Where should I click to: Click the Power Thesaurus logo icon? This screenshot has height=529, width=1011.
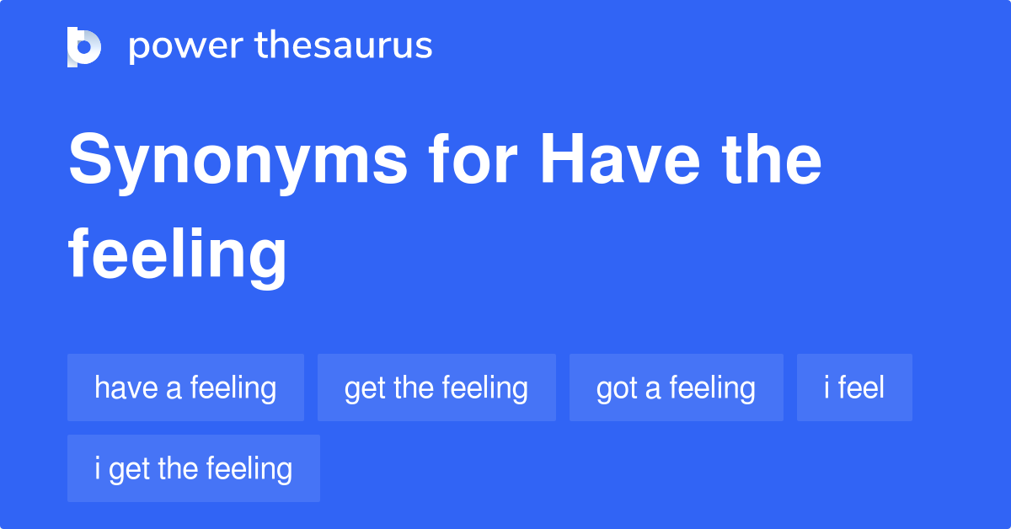(84, 46)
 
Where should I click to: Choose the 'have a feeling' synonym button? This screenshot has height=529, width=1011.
(185, 387)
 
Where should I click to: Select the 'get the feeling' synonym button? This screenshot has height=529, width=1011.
(436, 387)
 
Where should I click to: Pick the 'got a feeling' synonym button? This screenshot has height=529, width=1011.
(676, 387)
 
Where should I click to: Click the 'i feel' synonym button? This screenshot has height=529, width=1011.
(854, 387)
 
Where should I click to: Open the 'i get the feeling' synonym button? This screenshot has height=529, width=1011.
(194, 468)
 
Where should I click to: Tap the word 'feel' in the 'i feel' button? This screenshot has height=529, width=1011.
(861, 387)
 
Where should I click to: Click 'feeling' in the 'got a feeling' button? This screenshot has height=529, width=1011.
(712, 387)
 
